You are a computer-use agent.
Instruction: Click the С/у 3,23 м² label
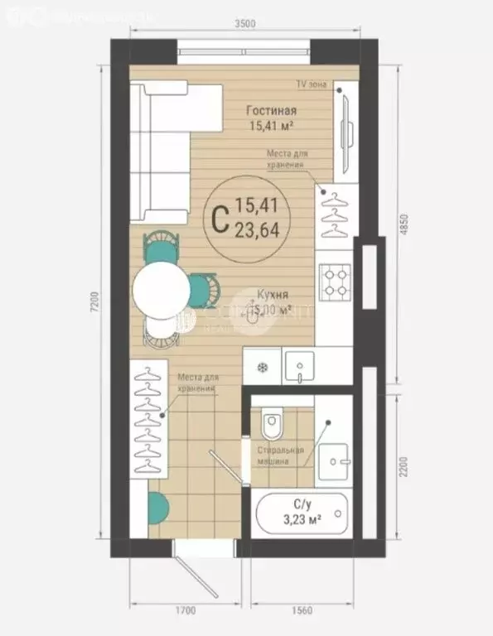pyautogui.click(x=302, y=514)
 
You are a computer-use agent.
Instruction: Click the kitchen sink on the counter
pyautogui.click(x=297, y=364)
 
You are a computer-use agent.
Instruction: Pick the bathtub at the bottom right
pyautogui.click(x=302, y=515)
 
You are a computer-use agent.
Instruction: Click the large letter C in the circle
pyautogui.click(x=220, y=219)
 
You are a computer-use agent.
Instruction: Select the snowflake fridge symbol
pyautogui.click(x=262, y=367)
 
